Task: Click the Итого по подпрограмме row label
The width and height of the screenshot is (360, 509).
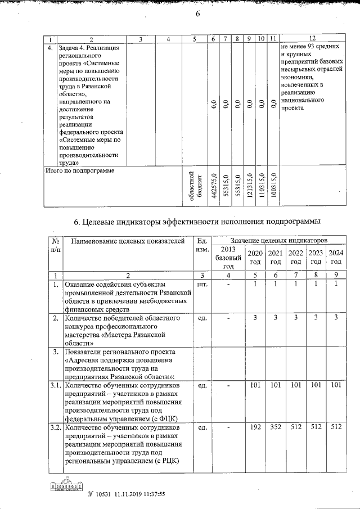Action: click(79, 170)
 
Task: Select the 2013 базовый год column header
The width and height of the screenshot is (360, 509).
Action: click(228, 258)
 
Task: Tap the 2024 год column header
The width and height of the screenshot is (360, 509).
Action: click(336, 257)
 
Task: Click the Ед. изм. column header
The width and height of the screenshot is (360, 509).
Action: click(201, 245)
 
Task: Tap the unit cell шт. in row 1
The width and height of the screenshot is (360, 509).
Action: click(201, 285)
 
